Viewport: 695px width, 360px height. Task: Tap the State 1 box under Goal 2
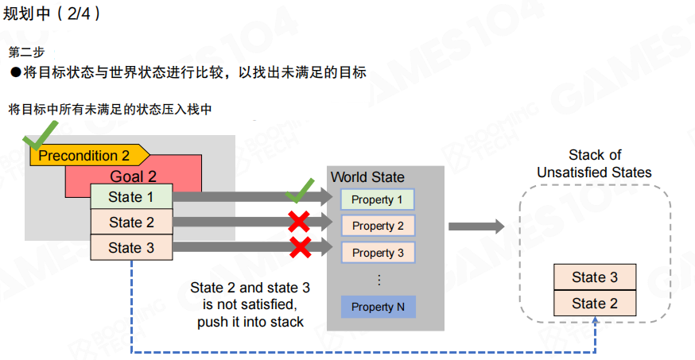tap(131, 197)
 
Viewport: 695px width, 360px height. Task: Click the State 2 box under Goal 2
tap(131, 223)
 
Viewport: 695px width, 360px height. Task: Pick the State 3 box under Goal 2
tap(131, 248)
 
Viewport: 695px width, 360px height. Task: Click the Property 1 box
tap(378, 199)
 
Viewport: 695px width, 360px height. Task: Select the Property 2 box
tap(378, 226)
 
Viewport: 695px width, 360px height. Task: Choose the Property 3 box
tap(378, 253)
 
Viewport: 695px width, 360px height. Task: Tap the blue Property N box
tap(378, 307)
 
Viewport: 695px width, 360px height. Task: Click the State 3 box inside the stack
tap(595, 277)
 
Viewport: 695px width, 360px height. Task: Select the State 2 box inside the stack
tap(595, 303)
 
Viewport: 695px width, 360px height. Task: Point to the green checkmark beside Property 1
tap(300, 192)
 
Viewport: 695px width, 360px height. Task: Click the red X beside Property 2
tap(299, 220)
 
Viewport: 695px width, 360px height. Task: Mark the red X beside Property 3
tap(299, 247)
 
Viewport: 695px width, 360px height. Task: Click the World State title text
tap(367, 177)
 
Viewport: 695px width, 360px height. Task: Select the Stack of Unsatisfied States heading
tap(595, 164)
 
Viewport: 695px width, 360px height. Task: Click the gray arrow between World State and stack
tap(476, 226)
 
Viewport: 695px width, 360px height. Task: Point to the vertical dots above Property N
tap(379, 280)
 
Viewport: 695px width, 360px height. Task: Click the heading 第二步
tap(25, 52)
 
